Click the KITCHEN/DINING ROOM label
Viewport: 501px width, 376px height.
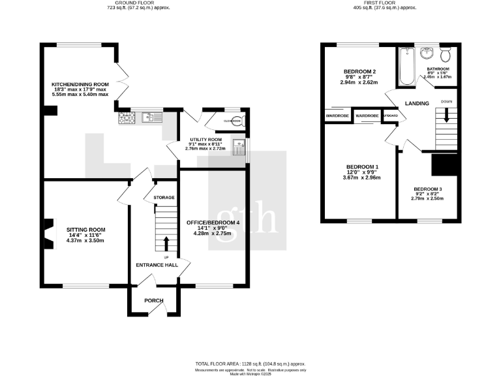[x=80, y=84]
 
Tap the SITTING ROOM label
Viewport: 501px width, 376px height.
[x=85, y=230]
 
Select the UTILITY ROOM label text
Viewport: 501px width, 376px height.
[x=206, y=140]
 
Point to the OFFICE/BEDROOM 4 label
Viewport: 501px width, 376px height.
[x=213, y=223]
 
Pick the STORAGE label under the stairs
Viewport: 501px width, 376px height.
[x=164, y=197]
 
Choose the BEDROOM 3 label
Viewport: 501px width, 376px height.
[x=428, y=189]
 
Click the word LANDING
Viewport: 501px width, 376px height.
[x=416, y=103]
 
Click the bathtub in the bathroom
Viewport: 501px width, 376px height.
[x=406, y=67]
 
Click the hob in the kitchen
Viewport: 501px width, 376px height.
[x=127, y=118]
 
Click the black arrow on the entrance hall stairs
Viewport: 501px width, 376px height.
[x=165, y=243]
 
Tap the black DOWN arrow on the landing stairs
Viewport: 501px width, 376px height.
[x=447, y=115]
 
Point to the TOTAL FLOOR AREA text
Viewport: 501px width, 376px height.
[x=250, y=363]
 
